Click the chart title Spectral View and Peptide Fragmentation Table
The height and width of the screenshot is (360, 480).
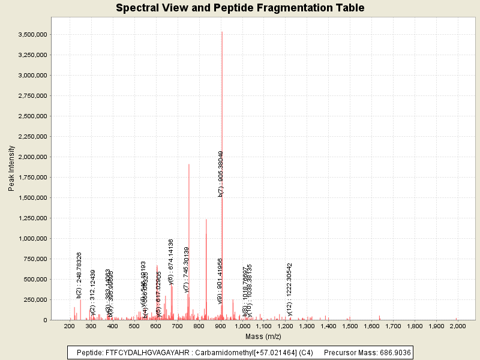click(x=240, y=8)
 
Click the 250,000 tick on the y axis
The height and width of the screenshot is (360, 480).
click(x=33, y=300)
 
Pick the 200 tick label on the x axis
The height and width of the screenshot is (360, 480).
click(x=70, y=326)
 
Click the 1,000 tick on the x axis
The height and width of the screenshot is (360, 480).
click(x=242, y=326)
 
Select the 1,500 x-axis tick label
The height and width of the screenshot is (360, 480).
click(x=350, y=326)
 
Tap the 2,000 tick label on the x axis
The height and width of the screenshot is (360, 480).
click(x=458, y=326)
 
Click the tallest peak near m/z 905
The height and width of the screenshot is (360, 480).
click(x=222, y=32)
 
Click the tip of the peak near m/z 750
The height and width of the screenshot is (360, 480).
click(x=189, y=164)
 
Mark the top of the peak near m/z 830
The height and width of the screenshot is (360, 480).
click(x=206, y=220)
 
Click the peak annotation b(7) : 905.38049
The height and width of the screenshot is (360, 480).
click(x=221, y=173)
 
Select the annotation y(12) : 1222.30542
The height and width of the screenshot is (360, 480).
click(x=290, y=289)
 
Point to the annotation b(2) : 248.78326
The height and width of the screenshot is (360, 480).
click(x=79, y=275)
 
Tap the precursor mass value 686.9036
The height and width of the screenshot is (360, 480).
click(x=394, y=353)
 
